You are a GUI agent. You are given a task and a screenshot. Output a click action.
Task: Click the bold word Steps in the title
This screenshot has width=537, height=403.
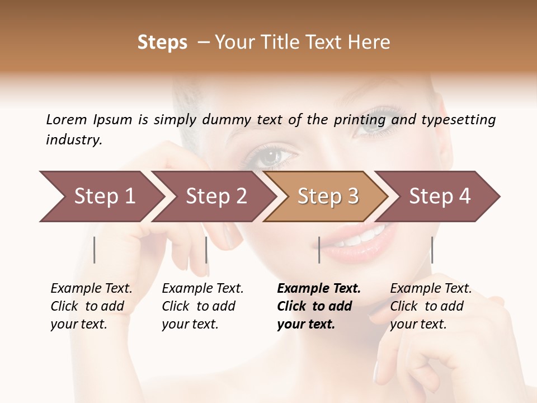[x=162, y=43]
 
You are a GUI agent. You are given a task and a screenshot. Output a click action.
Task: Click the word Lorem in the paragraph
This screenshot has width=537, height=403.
[x=67, y=120]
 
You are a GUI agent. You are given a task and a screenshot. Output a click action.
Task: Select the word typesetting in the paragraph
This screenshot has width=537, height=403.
[x=458, y=120]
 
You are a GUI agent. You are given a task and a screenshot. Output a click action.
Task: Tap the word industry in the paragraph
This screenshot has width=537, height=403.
[x=74, y=140]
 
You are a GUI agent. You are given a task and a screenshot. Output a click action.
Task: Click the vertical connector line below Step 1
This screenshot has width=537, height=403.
[x=95, y=250]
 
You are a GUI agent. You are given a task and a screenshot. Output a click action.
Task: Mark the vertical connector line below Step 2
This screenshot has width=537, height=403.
[x=206, y=250]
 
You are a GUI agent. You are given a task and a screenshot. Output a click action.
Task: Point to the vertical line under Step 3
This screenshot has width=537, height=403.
[x=319, y=250]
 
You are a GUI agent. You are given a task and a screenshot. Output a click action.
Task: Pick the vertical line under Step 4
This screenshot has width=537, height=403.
[x=432, y=250]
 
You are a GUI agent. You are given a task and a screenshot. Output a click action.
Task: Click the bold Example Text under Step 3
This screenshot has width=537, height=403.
[x=319, y=289]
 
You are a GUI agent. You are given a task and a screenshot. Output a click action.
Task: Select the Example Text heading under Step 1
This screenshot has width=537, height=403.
[x=91, y=289]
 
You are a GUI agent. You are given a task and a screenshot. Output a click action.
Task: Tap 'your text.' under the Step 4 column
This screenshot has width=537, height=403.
[x=418, y=324]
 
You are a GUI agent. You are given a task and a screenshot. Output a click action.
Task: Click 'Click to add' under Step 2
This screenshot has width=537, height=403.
[x=199, y=306]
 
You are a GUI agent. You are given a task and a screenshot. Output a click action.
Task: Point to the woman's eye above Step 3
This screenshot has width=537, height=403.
[x=274, y=155]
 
